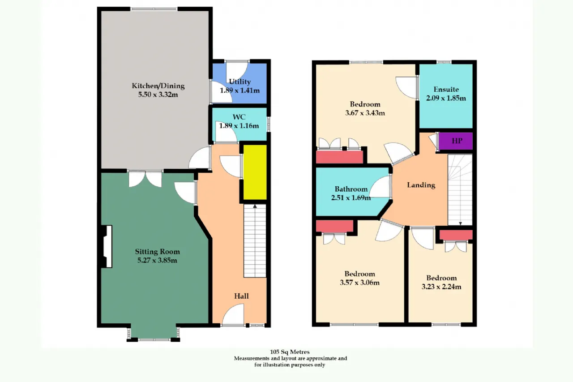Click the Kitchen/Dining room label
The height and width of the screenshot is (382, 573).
(158, 86)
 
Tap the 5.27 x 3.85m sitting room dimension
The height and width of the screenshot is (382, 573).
(157, 261)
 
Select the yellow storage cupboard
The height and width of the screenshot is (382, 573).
(255, 172)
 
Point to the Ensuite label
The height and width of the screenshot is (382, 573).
(446, 89)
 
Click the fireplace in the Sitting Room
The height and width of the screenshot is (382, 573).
(107, 246)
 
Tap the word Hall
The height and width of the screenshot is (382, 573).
(241, 296)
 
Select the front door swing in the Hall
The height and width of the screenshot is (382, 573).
(233, 314)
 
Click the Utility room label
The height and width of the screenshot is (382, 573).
(239, 82)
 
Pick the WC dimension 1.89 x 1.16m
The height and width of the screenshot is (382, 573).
(239, 126)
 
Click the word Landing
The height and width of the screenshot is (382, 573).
(421, 185)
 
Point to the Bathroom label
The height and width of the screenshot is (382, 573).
(351, 189)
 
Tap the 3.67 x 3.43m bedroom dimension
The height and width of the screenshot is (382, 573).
(365, 113)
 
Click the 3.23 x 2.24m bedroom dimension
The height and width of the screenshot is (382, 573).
(441, 287)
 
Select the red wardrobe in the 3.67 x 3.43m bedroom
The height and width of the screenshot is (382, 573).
(339, 157)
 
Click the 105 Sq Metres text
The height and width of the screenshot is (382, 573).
(290, 352)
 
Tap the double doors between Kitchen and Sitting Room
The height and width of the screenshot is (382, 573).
(145, 179)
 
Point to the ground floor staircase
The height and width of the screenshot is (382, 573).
(255, 241)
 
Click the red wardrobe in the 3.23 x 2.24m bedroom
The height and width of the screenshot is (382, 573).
(456, 235)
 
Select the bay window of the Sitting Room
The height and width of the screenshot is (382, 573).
(154, 333)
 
